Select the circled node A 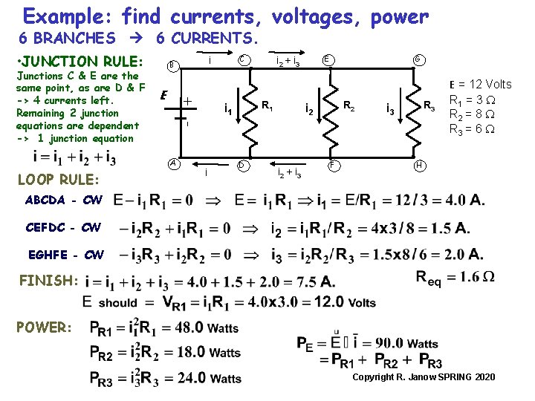coord(172,163)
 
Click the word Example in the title coord(68,16)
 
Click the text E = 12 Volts coord(480,85)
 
